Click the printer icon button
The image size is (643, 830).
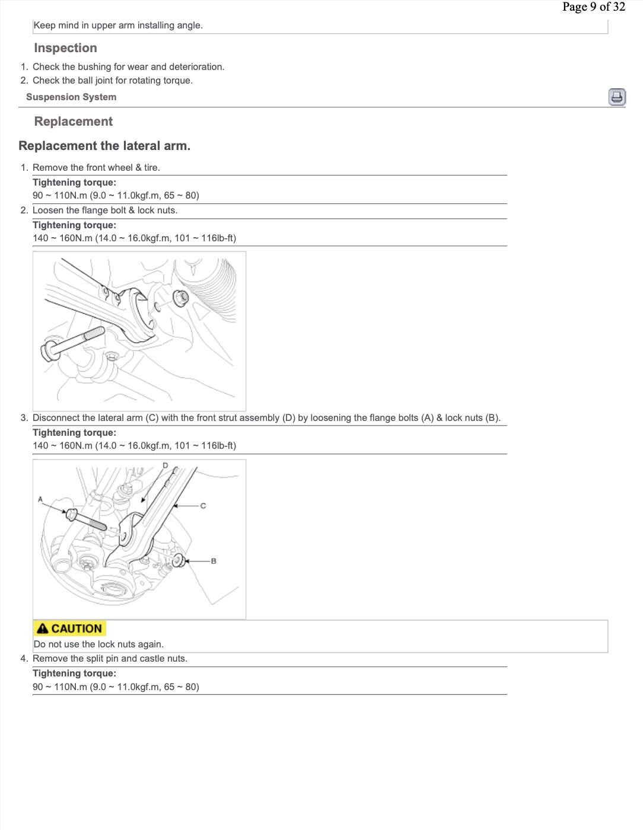click(617, 97)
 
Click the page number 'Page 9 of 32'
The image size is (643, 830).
click(593, 7)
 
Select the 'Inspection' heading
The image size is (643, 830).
click(65, 48)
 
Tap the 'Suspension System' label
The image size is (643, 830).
click(71, 97)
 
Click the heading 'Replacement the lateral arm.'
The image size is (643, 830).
click(104, 146)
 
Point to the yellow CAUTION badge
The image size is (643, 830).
click(69, 628)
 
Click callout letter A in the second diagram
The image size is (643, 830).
click(40, 499)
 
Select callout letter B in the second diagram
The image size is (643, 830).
click(214, 561)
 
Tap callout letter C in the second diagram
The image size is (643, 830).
click(203, 506)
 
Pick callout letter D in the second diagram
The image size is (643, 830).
click(165, 465)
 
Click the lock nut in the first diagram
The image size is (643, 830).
click(181, 296)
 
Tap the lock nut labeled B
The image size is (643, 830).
click(179, 560)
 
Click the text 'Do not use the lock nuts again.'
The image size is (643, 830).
click(98, 644)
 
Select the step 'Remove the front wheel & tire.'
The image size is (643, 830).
click(96, 168)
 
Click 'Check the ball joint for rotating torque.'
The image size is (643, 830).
click(113, 81)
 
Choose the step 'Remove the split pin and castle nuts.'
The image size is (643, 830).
click(110, 659)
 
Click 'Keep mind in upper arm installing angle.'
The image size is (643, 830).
click(118, 25)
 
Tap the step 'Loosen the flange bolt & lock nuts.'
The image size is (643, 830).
click(105, 210)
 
